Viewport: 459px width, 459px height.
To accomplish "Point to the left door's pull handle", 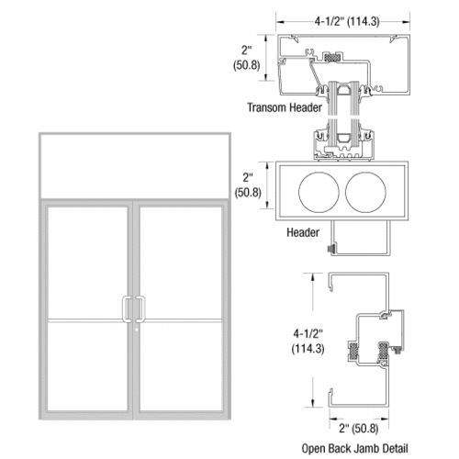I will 128,309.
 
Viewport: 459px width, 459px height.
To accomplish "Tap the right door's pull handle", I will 141,309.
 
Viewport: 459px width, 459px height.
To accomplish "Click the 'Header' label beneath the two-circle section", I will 304,233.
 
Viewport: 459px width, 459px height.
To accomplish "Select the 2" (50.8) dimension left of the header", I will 252,185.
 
